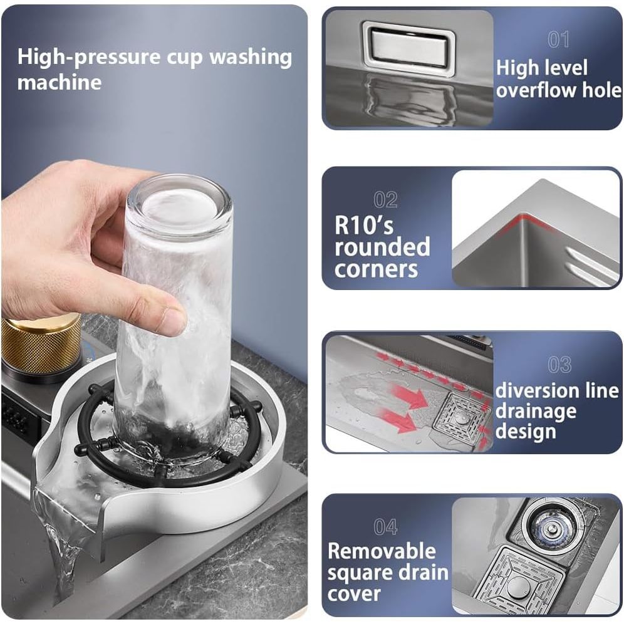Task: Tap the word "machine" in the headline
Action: (60, 82)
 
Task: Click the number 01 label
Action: (558, 40)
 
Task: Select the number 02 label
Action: (385, 200)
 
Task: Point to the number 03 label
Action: (559, 365)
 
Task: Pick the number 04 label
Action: (385, 527)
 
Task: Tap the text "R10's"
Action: (364, 226)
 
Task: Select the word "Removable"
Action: (382, 551)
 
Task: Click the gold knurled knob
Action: (41, 344)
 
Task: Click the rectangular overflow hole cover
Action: (409, 48)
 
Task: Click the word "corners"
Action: (376, 269)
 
